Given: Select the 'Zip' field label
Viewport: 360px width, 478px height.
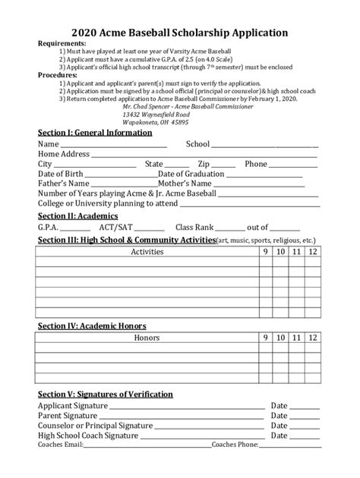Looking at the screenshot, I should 204,164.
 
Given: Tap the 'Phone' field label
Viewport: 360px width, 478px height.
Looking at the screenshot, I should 256,164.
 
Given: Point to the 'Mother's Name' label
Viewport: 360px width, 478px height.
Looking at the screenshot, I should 185,184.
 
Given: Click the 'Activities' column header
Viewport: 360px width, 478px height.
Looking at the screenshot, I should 147,251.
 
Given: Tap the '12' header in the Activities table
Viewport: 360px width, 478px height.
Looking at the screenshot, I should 312,251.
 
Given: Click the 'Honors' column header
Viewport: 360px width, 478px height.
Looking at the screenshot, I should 147,337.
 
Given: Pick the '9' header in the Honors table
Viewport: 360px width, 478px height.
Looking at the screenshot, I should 266,337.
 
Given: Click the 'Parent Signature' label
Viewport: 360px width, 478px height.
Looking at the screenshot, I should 70,416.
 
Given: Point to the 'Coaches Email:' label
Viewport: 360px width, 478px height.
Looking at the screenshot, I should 60,445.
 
